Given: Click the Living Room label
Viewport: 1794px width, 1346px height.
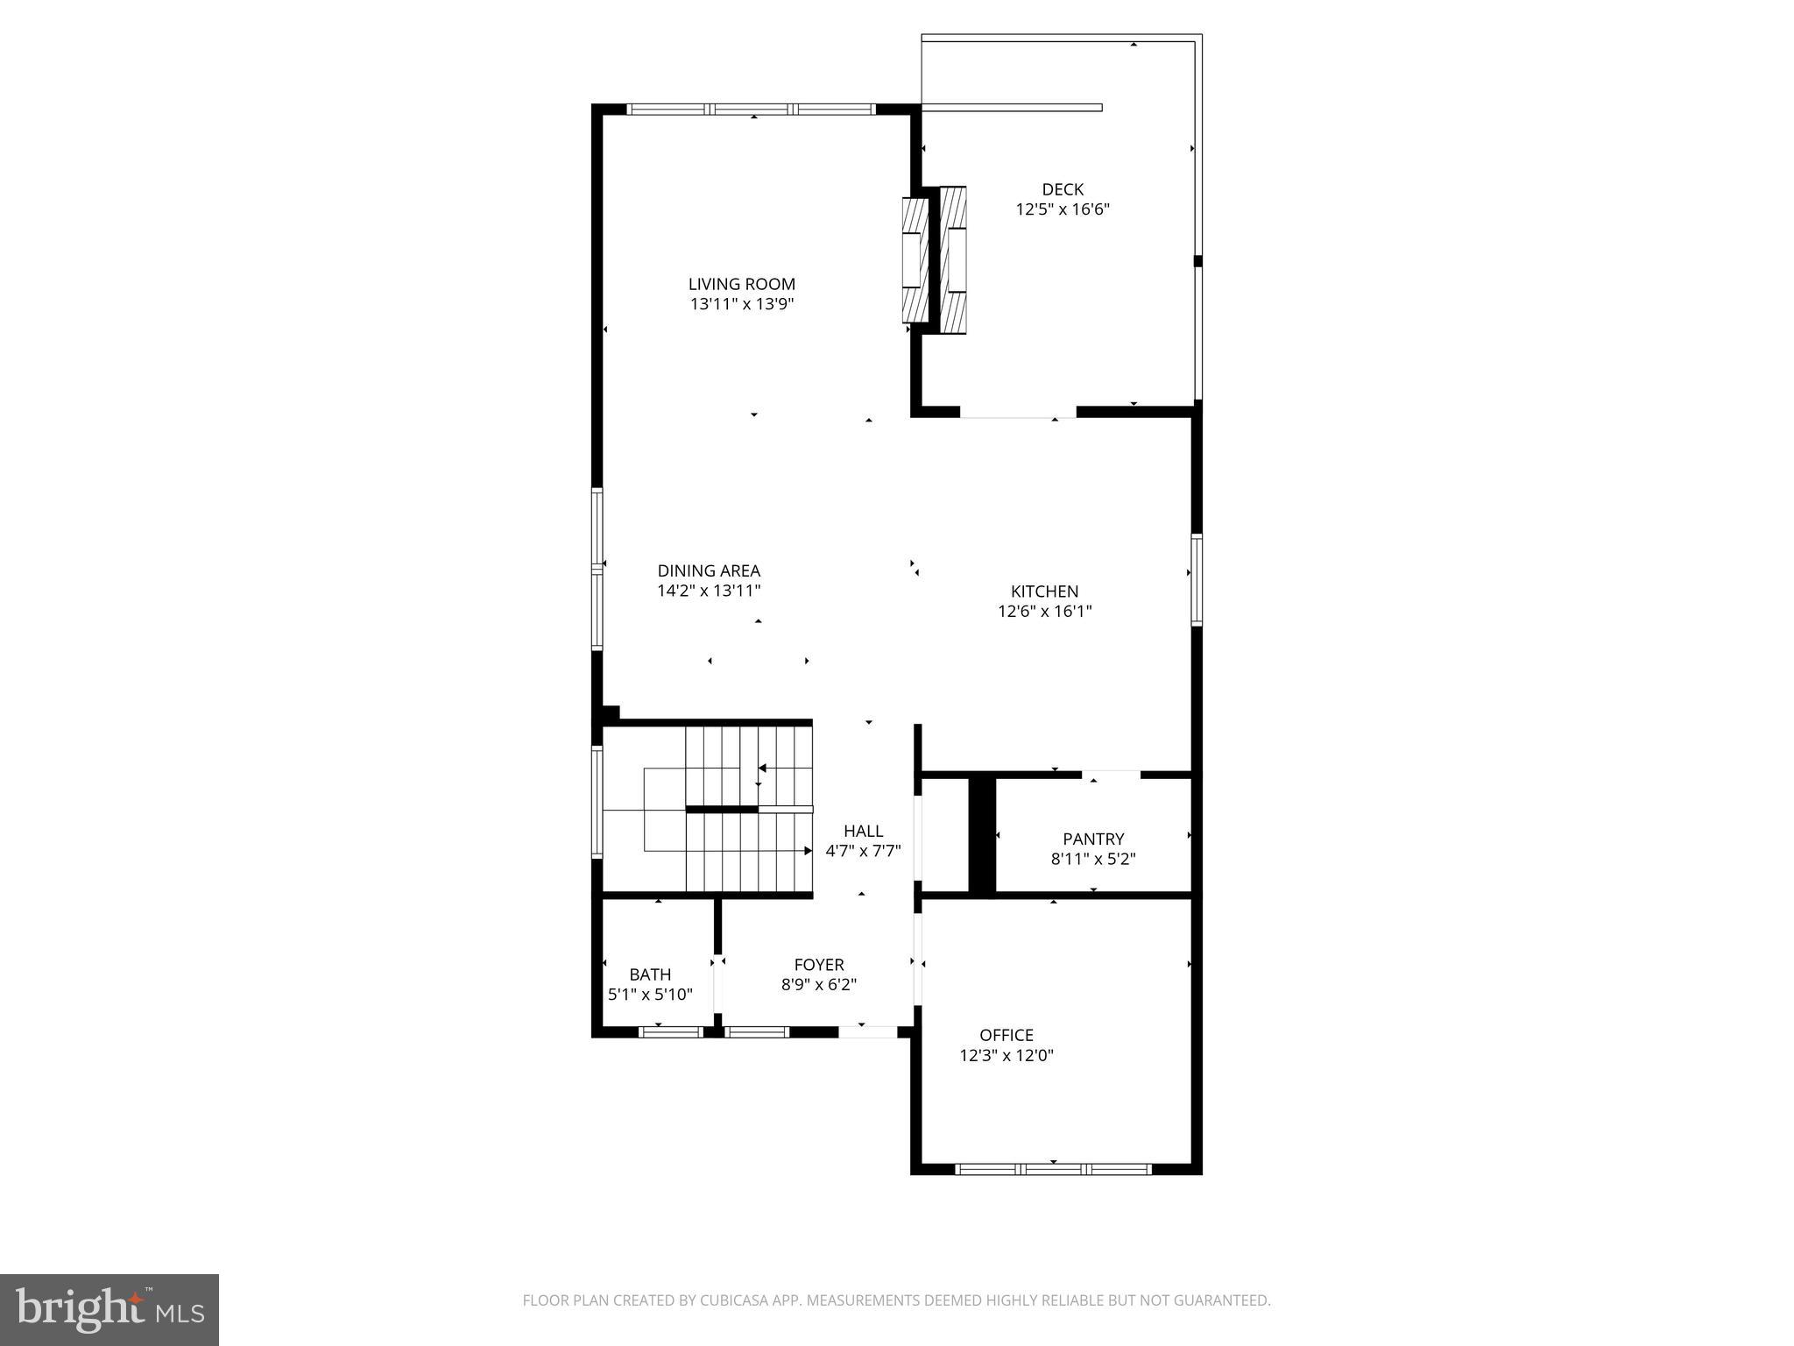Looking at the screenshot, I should [741, 284].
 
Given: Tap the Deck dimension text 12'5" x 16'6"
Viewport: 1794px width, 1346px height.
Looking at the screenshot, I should [1063, 209].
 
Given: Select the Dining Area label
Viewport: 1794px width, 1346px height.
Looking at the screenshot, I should [709, 571].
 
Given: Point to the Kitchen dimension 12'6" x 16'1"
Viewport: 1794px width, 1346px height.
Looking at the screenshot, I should [1044, 612].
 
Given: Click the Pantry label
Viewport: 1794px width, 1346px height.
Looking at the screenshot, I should [1093, 839].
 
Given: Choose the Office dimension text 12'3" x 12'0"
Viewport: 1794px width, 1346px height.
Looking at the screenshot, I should [1006, 1056].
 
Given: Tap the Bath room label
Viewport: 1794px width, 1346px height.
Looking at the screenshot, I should [650, 974].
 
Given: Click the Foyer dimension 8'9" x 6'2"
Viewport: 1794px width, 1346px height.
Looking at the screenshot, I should [819, 985].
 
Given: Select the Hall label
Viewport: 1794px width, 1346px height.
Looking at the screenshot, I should [863, 831].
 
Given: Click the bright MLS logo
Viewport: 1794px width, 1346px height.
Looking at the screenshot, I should [109, 1310].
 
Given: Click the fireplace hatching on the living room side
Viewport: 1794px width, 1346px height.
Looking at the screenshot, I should [915, 261].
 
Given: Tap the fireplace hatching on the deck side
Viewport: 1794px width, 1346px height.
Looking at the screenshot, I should [954, 260].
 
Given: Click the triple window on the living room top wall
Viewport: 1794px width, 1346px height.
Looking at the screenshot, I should [752, 110].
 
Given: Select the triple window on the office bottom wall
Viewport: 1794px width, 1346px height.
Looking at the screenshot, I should [1053, 1169].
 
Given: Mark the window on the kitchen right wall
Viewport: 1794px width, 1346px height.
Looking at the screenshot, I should [1196, 580].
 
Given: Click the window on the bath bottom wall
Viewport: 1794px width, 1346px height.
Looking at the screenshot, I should [671, 1032].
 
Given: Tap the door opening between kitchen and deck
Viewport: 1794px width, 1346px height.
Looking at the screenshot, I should [1018, 413].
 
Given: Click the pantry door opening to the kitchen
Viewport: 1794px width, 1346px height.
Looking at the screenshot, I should [1112, 774].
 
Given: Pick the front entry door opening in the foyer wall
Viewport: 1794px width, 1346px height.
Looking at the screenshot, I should [867, 1032].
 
